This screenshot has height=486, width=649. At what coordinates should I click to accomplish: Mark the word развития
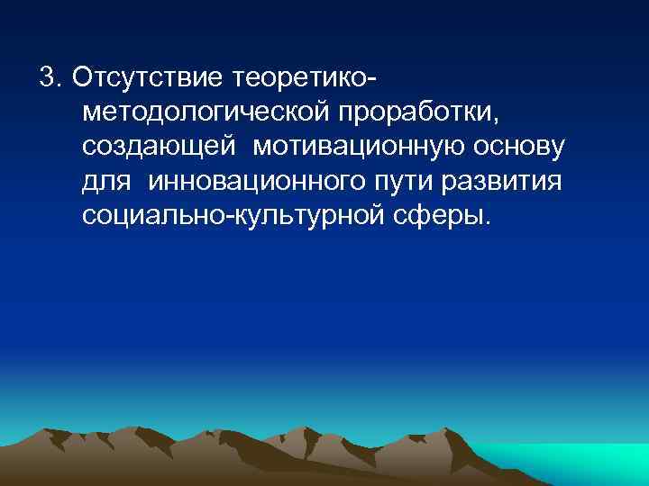(507, 182)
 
